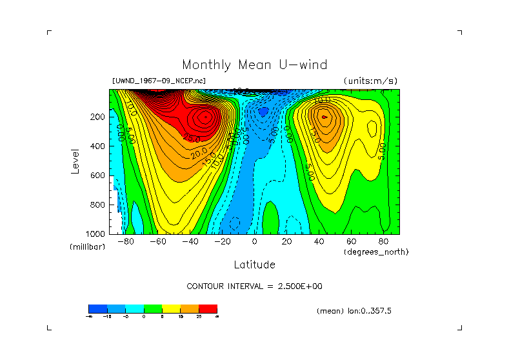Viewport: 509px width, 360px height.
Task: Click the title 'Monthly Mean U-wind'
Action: (x=254, y=65)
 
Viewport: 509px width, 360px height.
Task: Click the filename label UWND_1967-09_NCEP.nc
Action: (x=159, y=81)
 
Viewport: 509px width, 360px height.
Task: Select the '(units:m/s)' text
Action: (x=370, y=81)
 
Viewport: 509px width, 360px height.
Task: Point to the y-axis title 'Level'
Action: (x=76, y=161)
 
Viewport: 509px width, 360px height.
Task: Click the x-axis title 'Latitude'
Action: (x=254, y=265)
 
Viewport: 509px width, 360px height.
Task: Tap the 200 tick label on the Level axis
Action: (x=98, y=117)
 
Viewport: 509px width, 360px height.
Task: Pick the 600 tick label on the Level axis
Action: (x=98, y=175)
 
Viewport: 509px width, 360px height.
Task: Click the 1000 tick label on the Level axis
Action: (x=96, y=234)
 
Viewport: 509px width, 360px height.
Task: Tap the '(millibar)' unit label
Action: (x=88, y=247)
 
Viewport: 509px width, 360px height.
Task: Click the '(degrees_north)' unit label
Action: (x=376, y=252)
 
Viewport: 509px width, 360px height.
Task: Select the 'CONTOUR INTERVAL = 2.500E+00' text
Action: (x=254, y=286)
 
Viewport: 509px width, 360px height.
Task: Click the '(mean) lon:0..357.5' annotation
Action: (x=354, y=311)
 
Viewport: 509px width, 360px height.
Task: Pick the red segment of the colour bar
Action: (x=208, y=308)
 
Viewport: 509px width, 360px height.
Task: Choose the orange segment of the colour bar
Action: (x=190, y=308)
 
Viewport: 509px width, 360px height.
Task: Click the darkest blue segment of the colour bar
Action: (x=97, y=308)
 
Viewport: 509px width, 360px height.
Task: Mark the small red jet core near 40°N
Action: (x=324, y=117)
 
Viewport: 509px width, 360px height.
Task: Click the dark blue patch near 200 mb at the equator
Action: (x=263, y=112)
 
